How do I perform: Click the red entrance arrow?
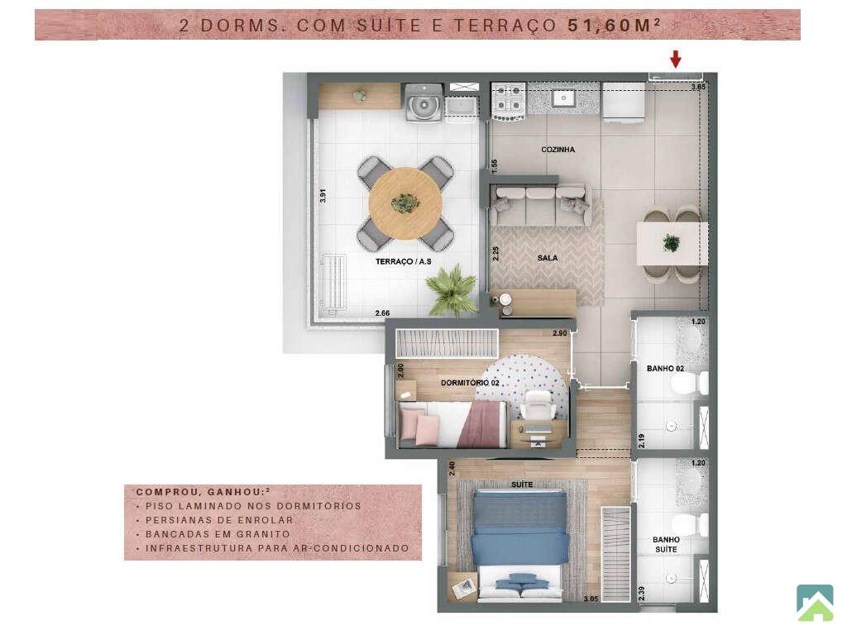[675, 59]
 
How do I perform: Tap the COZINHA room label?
[558, 149]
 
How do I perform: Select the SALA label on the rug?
[548, 258]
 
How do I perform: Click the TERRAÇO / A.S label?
[404, 261]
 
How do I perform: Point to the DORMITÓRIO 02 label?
[470, 383]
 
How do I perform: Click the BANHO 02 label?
[666, 368]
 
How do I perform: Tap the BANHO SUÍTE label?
[666, 544]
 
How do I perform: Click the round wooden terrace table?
[405, 203]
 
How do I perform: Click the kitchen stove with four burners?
[509, 100]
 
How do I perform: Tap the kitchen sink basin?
[564, 98]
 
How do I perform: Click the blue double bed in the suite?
[521, 546]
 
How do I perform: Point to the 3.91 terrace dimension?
[323, 195]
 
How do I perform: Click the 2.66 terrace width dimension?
[382, 313]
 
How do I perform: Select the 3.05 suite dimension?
[591, 599]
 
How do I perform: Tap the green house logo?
[815, 603]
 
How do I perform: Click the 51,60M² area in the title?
[615, 25]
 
